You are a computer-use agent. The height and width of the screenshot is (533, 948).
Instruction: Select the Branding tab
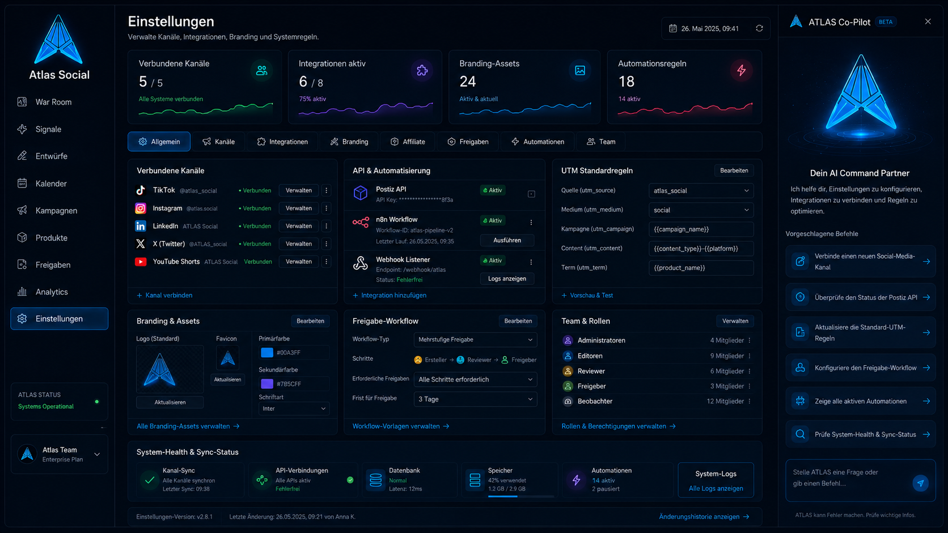click(x=350, y=142)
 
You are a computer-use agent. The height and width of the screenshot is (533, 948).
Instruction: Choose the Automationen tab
click(x=538, y=142)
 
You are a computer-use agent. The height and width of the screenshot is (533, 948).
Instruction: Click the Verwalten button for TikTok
click(x=299, y=190)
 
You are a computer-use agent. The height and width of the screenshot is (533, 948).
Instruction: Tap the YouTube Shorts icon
click(x=141, y=262)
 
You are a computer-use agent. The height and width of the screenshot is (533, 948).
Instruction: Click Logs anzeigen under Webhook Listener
click(x=507, y=279)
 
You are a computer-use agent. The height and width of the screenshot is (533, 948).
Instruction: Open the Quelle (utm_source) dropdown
click(x=701, y=191)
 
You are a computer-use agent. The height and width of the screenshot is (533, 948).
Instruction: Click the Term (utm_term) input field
click(x=701, y=267)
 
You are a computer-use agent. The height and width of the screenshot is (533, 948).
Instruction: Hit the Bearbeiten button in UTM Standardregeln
click(x=734, y=170)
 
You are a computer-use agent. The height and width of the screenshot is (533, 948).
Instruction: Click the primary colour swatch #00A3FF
click(x=267, y=352)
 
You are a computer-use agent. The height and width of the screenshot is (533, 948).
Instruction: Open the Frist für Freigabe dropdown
click(x=475, y=399)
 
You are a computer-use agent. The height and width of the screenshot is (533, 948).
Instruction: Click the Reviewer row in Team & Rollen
click(x=657, y=371)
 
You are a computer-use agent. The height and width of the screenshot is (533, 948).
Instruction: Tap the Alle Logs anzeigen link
click(x=716, y=488)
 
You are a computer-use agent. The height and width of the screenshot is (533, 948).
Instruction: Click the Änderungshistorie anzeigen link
click(x=704, y=517)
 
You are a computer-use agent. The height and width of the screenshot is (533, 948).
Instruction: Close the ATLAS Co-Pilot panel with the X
click(x=928, y=22)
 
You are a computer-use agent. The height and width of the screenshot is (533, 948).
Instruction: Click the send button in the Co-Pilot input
click(x=920, y=483)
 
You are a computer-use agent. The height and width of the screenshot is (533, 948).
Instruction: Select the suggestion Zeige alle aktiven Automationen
click(x=860, y=401)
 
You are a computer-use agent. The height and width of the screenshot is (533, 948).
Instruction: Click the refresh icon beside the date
click(x=759, y=28)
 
